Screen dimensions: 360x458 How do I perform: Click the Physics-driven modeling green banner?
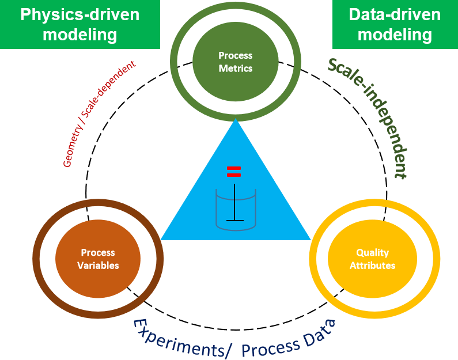[80, 24]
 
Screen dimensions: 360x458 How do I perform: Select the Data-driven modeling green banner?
[395, 24]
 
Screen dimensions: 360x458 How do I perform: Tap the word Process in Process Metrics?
[235, 56]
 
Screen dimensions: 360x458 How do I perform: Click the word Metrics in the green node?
[235, 69]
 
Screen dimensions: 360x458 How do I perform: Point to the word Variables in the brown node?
[98, 266]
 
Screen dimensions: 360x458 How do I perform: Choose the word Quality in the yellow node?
[372, 253]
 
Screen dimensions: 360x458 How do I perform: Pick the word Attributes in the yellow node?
[372, 266]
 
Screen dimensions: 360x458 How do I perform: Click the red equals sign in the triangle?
[233, 171]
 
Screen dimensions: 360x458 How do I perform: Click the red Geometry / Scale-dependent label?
[99, 114]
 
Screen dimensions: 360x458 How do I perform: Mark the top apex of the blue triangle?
[236, 119]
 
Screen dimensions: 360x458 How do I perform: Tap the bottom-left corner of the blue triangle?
[161, 239]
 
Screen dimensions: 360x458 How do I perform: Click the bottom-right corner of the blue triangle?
[311, 239]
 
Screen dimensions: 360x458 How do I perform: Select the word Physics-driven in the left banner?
[80, 14]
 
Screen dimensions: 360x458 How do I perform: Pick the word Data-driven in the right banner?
[395, 14]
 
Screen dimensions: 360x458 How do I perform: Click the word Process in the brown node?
[98, 253]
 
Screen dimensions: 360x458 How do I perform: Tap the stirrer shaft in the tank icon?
[235, 202]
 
